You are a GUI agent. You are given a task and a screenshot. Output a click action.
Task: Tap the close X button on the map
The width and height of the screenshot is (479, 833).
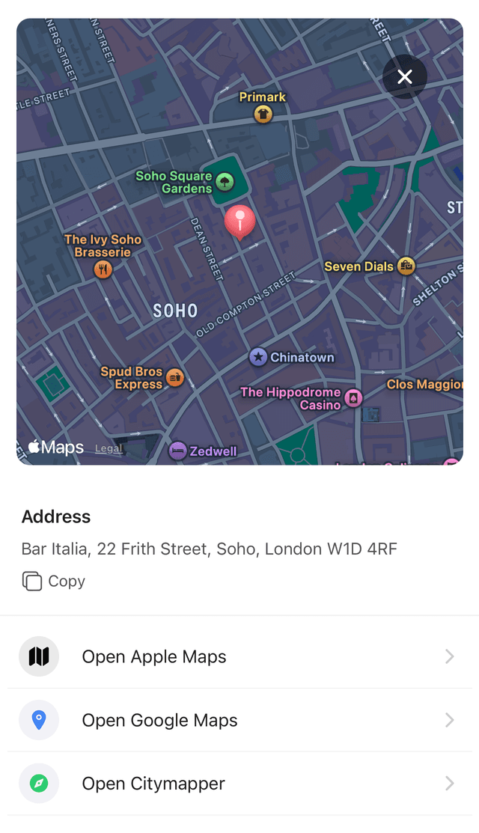pos(405,76)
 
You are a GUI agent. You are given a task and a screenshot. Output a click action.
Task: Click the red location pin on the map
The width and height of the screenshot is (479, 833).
pos(239,221)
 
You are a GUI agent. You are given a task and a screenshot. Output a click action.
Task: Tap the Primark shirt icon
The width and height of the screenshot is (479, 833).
pos(263,114)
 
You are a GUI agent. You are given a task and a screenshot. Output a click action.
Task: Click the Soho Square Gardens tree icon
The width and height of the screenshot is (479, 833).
pos(225,181)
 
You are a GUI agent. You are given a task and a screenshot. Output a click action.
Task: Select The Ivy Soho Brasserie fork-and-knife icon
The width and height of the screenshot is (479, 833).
pos(103,269)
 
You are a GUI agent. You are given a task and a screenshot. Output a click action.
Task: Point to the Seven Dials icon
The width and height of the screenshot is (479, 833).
pos(406,266)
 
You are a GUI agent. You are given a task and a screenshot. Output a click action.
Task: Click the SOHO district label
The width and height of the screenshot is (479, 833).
pos(175,311)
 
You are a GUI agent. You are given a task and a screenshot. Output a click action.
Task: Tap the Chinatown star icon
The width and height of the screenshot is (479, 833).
pos(258,357)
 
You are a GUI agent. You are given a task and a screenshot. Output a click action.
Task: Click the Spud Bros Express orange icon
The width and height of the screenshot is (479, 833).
pos(175,377)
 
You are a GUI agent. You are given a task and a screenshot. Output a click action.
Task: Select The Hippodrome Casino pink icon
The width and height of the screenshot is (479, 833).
pos(353,398)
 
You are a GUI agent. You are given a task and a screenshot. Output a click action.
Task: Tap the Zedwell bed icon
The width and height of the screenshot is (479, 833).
pos(177,451)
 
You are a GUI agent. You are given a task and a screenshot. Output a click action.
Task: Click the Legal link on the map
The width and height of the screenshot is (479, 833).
pos(109,448)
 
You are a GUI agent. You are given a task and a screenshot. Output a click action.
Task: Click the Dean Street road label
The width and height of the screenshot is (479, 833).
pos(207,249)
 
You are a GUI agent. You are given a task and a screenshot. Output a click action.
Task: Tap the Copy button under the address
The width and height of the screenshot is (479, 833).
pos(54,581)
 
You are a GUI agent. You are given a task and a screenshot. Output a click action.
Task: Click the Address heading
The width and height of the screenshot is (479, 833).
pos(56,516)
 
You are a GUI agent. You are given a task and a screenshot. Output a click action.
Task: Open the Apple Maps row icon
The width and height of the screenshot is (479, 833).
pos(39,656)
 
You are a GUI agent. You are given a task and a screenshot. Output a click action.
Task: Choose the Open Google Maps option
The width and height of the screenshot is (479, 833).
pos(159,720)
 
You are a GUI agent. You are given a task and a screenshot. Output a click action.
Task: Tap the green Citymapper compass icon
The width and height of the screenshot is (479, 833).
pos(39,784)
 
